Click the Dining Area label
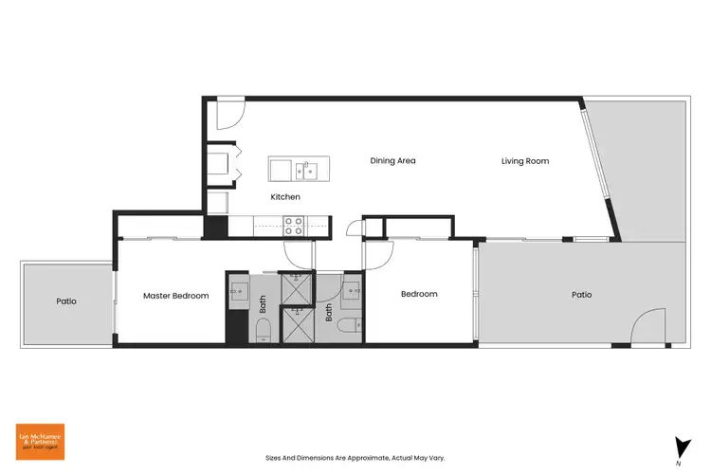[392, 160]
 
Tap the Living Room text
[525, 161]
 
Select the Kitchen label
[285, 197]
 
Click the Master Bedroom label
[175, 295]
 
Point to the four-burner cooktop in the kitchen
[294, 226]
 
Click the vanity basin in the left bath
[238, 289]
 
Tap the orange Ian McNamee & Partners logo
[39, 443]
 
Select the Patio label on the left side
[65, 301]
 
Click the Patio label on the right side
[581, 295]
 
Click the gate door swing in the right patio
[651, 327]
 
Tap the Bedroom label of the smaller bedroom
[419, 294]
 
